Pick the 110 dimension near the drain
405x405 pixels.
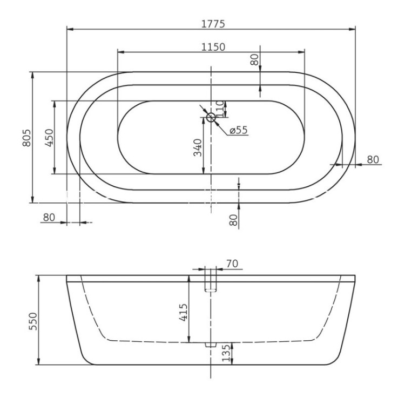click(219, 106)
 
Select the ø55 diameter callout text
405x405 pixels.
click(238, 130)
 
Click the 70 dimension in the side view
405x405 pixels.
click(233, 264)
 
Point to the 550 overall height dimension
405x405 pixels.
click(32, 321)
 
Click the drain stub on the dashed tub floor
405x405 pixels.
click(210, 344)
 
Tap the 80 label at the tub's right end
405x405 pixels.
click(373, 159)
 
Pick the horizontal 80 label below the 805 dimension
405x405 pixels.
click(49, 217)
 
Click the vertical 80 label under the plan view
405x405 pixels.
click(233, 220)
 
